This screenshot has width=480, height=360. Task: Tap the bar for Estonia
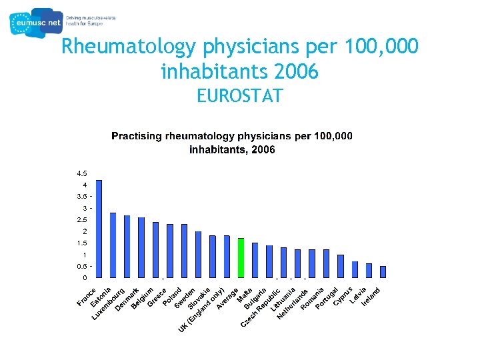click(113, 245)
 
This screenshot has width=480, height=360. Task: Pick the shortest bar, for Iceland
click(383, 271)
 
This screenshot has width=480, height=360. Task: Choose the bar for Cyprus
click(340, 265)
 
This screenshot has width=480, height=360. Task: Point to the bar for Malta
click(255, 259)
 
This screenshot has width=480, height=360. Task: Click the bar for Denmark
click(141, 247)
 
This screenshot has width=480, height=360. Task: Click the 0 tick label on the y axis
click(85, 277)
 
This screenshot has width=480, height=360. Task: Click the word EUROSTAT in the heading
click(239, 96)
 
